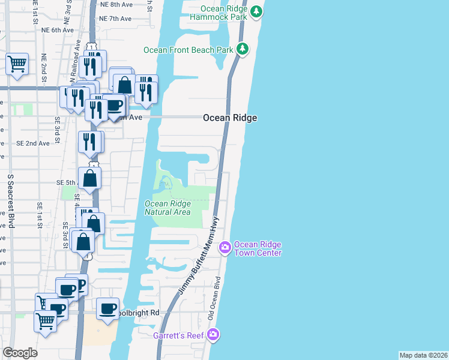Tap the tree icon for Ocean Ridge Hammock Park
[256, 11]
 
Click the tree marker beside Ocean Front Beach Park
[242, 49]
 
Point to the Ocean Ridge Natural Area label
[168, 208]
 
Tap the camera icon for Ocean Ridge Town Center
[225, 247]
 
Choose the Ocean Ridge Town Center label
[258, 248]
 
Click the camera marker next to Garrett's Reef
[214, 334]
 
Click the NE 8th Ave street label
[116, 4]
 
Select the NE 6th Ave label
[58, 30]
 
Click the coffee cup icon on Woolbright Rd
[108, 310]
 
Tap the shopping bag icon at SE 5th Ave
[89, 178]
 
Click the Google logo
[20, 353]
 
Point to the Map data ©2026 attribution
[423, 355]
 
